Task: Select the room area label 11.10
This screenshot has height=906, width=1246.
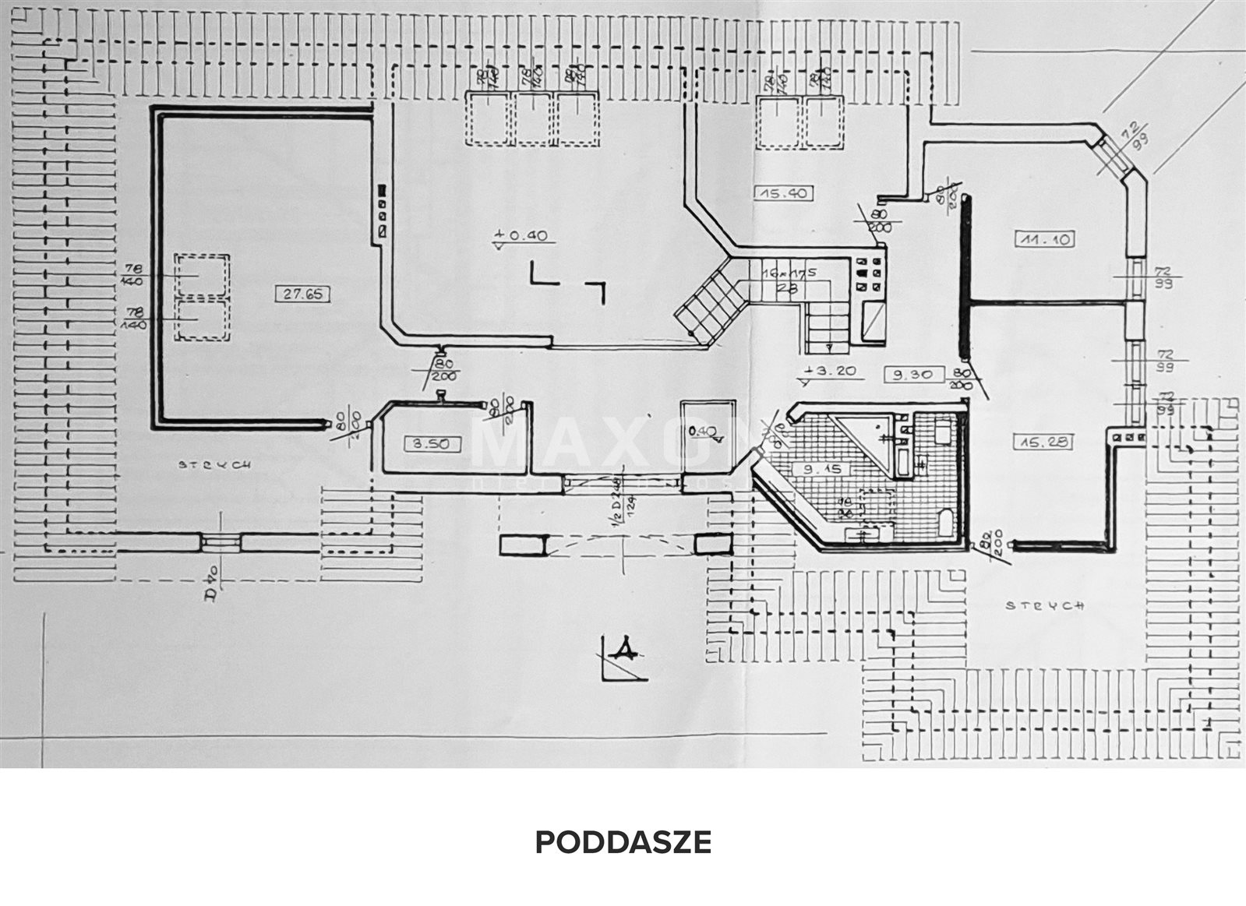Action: click(1045, 239)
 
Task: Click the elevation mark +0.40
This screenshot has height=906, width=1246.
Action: click(521, 234)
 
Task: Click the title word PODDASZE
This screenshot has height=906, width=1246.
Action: click(623, 842)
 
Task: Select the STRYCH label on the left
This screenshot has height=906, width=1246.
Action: click(215, 464)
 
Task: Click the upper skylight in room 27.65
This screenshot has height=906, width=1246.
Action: click(202, 275)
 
